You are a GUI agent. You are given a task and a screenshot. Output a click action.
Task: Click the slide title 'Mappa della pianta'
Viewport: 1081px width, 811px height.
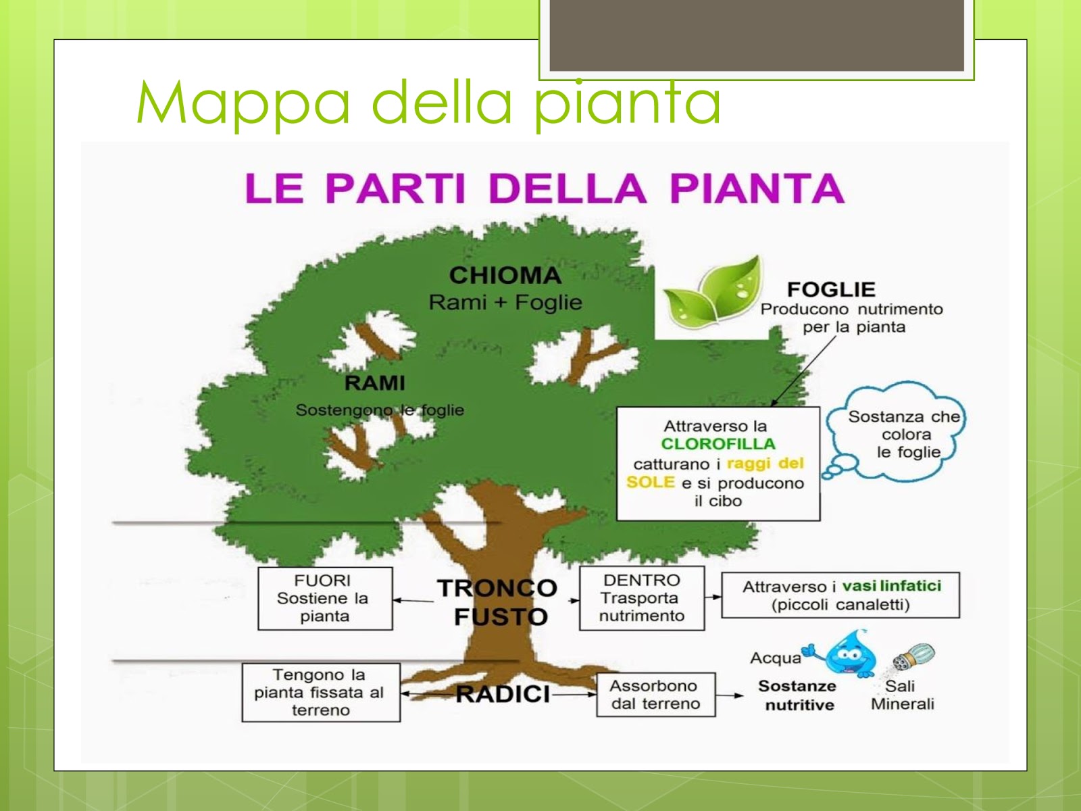coord(428,102)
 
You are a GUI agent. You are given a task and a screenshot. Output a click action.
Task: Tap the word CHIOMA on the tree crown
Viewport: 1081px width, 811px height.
coord(505,276)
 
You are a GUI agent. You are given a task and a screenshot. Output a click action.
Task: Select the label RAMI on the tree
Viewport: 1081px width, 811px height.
coord(374,383)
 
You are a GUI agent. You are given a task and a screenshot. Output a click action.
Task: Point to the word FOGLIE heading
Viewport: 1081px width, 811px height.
coord(831,290)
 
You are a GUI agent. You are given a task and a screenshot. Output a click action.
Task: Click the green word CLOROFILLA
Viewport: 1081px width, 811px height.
coord(718,444)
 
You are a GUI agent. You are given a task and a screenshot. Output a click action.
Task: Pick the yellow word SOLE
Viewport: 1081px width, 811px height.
coord(650,483)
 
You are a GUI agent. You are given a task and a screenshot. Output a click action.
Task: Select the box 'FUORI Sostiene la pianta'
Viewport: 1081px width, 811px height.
coord(324,599)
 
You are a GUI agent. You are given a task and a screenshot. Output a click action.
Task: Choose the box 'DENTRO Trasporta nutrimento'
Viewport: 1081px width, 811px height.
coord(641,598)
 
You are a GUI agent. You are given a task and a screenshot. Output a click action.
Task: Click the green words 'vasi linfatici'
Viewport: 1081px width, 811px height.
coord(891,586)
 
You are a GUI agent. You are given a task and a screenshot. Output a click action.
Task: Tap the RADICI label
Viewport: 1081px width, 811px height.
coord(502,694)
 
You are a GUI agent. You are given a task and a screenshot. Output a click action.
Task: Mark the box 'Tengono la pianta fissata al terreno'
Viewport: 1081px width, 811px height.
coord(320,693)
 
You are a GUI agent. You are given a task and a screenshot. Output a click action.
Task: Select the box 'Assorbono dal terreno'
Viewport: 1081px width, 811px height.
coord(655,695)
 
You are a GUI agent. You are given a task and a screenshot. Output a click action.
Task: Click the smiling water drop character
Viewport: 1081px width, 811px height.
coord(847,653)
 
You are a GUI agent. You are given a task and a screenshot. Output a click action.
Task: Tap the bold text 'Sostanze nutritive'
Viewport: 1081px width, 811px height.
coord(798,695)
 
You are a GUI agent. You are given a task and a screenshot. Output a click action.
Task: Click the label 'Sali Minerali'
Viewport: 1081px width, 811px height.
coord(902,695)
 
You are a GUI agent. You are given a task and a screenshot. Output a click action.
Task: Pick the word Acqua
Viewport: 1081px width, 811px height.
coord(775,658)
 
